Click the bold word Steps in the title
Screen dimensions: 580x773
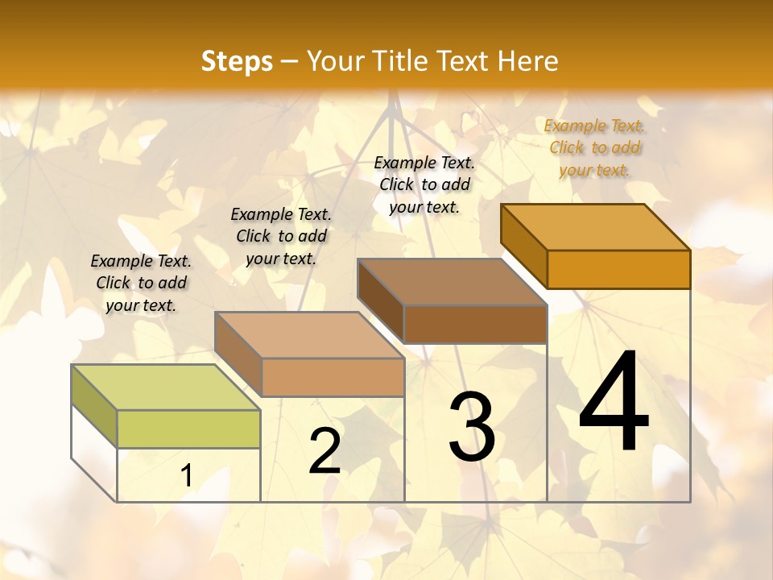(237, 61)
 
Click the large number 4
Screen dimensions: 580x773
(614, 403)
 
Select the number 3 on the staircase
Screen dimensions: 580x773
(472, 427)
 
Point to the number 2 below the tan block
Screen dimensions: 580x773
(324, 451)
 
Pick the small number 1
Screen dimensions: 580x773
(187, 476)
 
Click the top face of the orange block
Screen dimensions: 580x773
(595, 227)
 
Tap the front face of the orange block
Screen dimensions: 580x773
(618, 269)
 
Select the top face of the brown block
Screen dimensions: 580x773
(452, 282)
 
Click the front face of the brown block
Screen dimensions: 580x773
(475, 324)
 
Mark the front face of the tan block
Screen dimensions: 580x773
(333, 377)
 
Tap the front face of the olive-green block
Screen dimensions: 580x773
(188, 429)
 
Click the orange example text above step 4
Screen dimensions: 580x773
(594, 147)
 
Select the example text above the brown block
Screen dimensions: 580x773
(424, 184)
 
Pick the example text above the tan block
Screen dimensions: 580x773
(281, 236)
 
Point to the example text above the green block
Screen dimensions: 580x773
(141, 283)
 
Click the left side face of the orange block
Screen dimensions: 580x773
(524, 245)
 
